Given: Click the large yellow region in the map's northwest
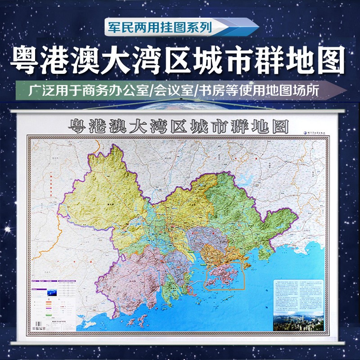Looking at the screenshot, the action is click(103, 189).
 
